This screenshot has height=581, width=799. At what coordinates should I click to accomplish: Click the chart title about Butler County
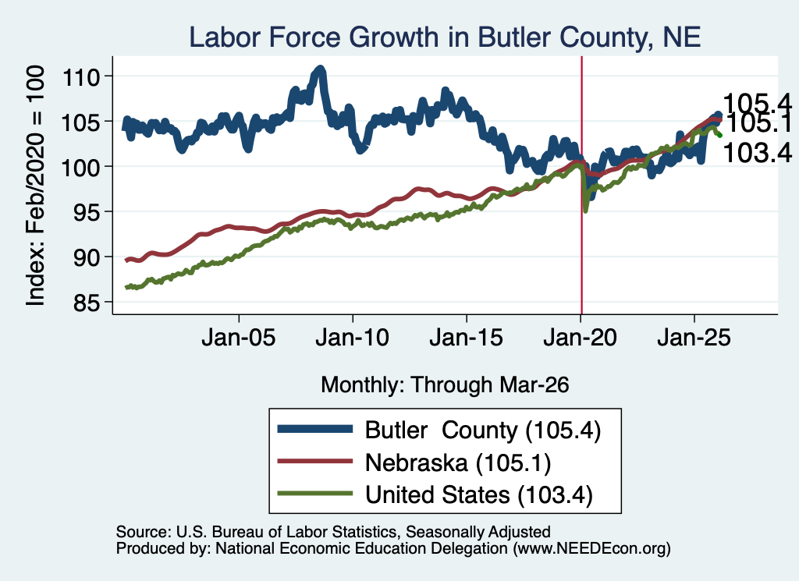[x=445, y=37]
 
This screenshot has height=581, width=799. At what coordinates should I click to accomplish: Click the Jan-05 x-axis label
[x=239, y=337]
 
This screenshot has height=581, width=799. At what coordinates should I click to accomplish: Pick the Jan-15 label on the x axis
[x=467, y=337]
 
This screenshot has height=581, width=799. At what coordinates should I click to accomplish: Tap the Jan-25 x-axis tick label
[x=694, y=337]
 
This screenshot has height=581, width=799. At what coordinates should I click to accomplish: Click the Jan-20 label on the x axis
[x=581, y=337]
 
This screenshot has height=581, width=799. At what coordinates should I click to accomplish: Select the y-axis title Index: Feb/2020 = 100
[x=36, y=186]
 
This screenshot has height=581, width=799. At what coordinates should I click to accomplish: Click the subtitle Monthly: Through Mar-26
[x=445, y=384]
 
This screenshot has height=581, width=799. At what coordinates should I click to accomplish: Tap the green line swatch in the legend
[x=315, y=494]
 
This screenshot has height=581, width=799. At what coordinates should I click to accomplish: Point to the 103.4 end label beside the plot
[x=758, y=153]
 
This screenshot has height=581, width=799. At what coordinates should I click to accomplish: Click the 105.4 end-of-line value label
[x=758, y=104]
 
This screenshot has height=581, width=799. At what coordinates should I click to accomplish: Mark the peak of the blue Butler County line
[x=320, y=68]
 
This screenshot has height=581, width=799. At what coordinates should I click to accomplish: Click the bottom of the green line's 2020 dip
[x=585, y=211]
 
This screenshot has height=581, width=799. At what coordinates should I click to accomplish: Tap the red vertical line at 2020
[x=582, y=186]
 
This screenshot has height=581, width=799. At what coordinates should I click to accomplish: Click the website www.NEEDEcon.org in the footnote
[x=591, y=548]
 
